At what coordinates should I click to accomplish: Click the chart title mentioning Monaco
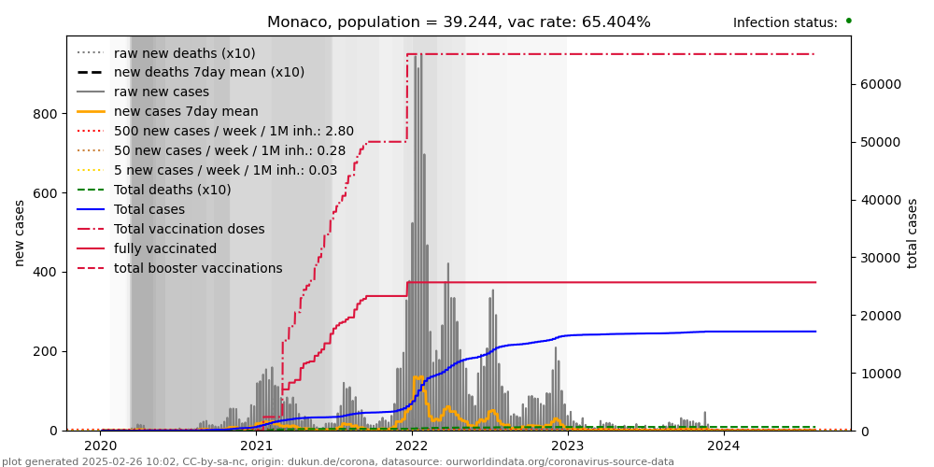click(459, 22)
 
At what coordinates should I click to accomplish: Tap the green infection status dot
click(848, 21)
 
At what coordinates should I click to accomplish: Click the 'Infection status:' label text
click(785, 23)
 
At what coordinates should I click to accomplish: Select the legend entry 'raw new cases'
click(161, 92)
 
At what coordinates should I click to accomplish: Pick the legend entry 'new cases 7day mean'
click(185, 112)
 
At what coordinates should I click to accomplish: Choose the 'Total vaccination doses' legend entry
click(189, 230)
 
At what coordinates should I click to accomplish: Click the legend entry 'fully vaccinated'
click(164, 249)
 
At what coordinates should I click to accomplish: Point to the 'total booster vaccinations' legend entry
click(197, 269)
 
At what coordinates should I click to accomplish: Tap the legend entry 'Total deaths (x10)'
click(172, 191)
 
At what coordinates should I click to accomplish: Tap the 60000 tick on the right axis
click(880, 84)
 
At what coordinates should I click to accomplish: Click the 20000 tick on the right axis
click(880, 316)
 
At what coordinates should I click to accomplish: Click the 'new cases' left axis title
click(20, 233)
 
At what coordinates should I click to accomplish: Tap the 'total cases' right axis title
click(913, 233)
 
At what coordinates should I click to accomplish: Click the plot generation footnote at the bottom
click(337, 461)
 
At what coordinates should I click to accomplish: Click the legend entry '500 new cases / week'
click(233, 132)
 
